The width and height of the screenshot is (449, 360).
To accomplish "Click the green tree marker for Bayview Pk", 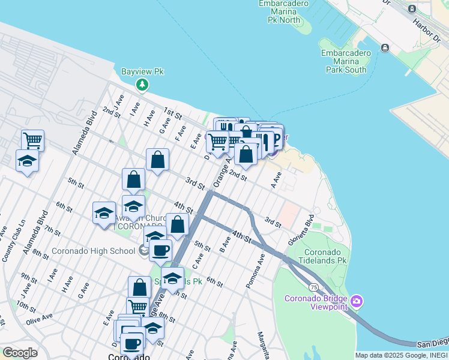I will tap(142, 85).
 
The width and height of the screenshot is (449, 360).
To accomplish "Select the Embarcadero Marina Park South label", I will tap(346, 61).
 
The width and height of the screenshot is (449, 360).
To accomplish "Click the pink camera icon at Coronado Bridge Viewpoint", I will tap(357, 301).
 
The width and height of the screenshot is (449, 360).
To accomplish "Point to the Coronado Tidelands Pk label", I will tap(326, 257).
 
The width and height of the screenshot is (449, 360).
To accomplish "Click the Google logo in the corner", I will tap(19, 352).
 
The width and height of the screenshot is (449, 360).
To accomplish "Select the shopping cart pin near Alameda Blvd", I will tap(32, 141).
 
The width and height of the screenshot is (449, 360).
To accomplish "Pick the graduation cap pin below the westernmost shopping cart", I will tap(27, 161).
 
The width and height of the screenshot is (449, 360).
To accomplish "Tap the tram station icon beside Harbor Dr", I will tap(412, 8).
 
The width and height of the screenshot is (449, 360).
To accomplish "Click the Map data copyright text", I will tap(401, 355).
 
